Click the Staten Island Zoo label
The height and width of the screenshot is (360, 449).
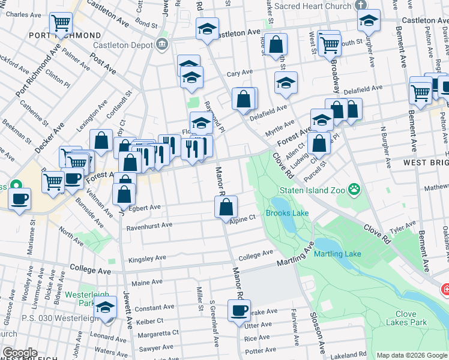click(x=312, y=190)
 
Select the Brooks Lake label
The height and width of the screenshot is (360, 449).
click(x=287, y=213)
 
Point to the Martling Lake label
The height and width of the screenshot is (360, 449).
click(x=338, y=254)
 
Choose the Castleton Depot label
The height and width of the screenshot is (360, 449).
click(x=123, y=44)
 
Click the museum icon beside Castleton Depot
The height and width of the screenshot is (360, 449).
click(x=161, y=44)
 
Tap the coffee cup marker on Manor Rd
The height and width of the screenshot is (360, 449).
click(x=239, y=311)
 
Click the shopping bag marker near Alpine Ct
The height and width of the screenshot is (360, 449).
click(x=226, y=207)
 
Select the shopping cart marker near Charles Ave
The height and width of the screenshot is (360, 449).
click(x=61, y=23)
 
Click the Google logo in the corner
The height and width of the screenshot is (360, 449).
click(x=19, y=353)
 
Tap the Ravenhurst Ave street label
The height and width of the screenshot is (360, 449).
click(x=149, y=226)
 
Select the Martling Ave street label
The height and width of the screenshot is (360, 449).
click(x=295, y=257)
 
